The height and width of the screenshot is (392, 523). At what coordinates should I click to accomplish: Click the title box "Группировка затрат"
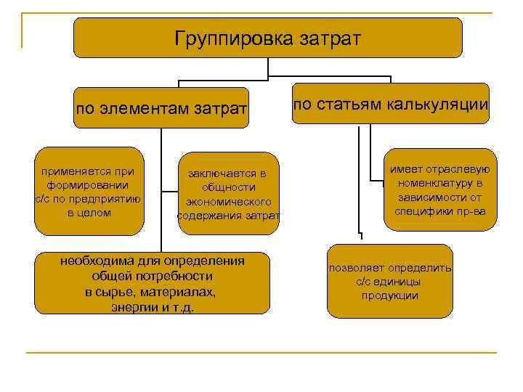pyautogui.click(x=267, y=38)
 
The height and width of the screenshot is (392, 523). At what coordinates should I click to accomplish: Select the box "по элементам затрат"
pyautogui.click(x=161, y=110)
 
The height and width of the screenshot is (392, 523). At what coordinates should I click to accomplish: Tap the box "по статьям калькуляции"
pyautogui.click(x=390, y=103)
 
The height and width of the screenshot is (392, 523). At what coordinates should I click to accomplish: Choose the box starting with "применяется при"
pyautogui.click(x=89, y=192)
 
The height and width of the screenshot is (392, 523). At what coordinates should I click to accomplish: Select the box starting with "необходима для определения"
pyautogui.click(x=152, y=283)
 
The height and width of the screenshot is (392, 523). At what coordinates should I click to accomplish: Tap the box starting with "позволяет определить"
pyautogui.click(x=389, y=282)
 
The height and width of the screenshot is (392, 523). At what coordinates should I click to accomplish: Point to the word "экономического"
pyautogui.click(x=228, y=202)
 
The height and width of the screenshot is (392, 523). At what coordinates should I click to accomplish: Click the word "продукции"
pyautogui.click(x=389, y=295)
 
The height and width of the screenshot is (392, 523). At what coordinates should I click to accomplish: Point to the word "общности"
pyautogui.click(x=227, y=187)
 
